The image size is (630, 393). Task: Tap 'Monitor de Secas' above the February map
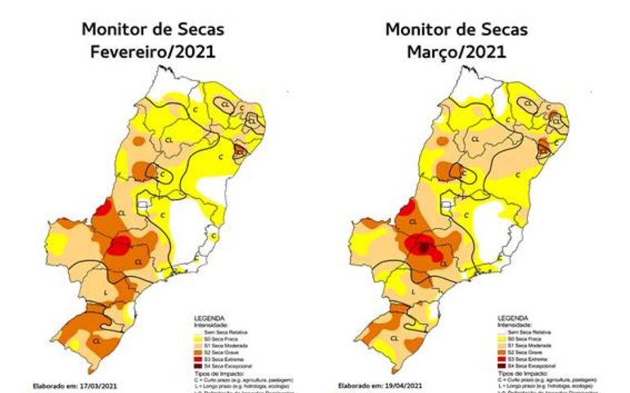pyautogui.click(x=153, y=29)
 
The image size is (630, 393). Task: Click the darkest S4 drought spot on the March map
pyautogui.click(x=423, y=246)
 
